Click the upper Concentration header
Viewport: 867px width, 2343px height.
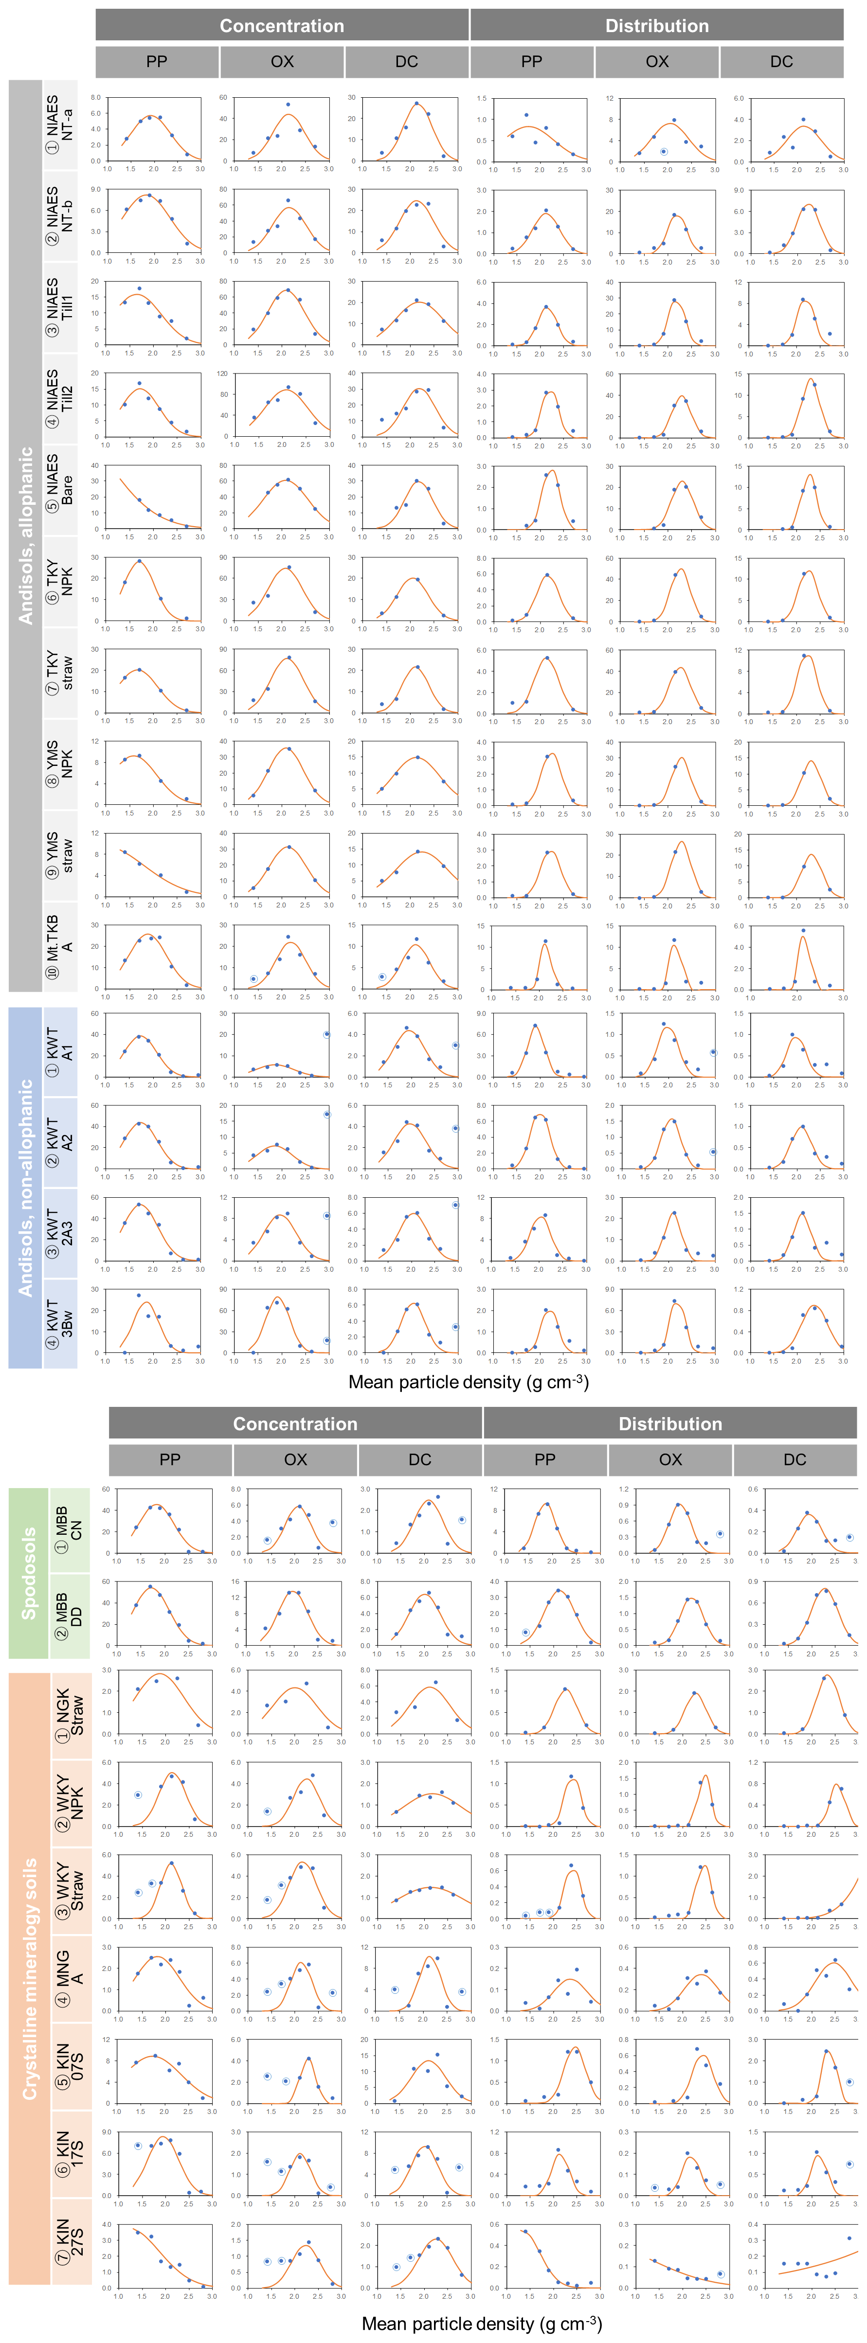coord(282,25)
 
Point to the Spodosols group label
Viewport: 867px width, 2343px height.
coord(28,1573)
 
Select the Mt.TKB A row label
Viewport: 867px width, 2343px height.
coord(60,946)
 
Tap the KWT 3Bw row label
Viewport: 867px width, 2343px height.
coord(60,1323)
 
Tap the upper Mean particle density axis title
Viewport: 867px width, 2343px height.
coord(469,1382)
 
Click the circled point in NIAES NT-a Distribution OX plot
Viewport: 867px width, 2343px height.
coord(663,152)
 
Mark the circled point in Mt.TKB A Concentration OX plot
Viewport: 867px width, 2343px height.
coord(253,978)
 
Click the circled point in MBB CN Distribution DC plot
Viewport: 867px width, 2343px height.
coord(849,1537)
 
